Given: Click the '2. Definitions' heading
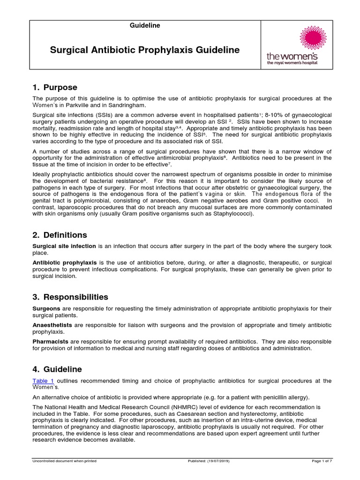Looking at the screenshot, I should (x=60, y=235).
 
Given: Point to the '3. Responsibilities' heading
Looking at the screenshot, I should (x=70, y=297).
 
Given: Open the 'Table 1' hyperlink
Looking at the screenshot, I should (x=43, y=381).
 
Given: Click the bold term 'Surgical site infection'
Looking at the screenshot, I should (x=64, y=246).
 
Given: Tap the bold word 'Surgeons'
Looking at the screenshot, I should (x=46, y=309).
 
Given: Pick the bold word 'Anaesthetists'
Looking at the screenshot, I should (x=52, y=325).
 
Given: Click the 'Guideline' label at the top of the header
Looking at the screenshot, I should (x=145, y=26).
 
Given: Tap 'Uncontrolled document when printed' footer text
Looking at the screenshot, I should (x=64, y=461).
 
